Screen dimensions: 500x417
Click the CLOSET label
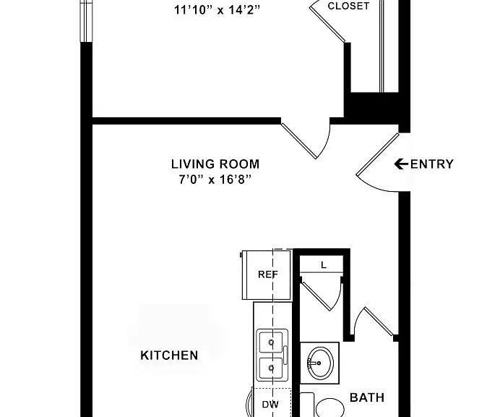348,6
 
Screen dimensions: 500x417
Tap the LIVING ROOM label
215,164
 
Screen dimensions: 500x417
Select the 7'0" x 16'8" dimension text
215,180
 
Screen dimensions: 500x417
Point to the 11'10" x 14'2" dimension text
217,10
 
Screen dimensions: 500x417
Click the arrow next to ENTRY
401,164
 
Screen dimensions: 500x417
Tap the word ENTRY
431,164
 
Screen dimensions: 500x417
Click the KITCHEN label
169,355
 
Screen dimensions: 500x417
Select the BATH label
367,397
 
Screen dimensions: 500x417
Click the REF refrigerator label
268,274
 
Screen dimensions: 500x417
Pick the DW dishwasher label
270,405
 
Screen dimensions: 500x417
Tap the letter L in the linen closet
324,265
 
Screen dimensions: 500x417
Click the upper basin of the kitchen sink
271,342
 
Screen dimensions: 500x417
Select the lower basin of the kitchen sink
271,368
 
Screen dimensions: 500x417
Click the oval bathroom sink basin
321,363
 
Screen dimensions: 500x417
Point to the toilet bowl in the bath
330,408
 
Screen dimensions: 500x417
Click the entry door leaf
378,154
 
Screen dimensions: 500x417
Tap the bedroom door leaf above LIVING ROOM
299,140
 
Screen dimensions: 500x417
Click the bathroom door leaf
379,321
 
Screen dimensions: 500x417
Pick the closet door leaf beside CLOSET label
327,25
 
